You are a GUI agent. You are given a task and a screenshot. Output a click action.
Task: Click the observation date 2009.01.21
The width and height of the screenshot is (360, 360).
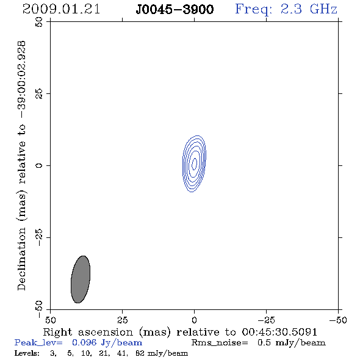click(x=61, y=9)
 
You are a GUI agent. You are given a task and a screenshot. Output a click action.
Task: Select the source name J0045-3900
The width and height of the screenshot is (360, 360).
click(x=175, y=10)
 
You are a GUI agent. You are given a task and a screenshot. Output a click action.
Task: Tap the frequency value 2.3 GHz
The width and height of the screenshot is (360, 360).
click(x=309, y=9)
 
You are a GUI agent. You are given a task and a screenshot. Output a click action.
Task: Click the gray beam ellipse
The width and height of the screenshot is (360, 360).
click(x=81, y=279)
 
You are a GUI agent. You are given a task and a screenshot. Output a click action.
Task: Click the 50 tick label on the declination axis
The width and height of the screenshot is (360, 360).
click(x=39, y=22)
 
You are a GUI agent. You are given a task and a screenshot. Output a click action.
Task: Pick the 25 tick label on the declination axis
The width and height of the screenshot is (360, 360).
click(x=39, y=94)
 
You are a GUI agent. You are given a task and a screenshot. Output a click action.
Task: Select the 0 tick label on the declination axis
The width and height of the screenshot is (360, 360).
click(x=39, y=165)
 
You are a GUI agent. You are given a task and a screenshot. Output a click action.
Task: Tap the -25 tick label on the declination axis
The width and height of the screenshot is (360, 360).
click(x=39, y=237)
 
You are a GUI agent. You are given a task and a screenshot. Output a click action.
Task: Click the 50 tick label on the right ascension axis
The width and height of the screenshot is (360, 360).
click(x=50, y=320)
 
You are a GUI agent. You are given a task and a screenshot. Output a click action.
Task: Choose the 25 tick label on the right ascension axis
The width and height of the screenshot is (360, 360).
click(x=122, y=320)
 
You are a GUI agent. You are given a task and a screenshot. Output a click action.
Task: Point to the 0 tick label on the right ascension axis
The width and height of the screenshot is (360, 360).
click(x=194, y=320)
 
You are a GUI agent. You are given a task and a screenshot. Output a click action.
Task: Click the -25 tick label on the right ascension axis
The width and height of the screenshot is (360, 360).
click(x=266, y=320)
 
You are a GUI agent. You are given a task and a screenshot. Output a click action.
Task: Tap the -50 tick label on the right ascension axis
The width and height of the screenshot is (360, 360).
click(x=338, y=320)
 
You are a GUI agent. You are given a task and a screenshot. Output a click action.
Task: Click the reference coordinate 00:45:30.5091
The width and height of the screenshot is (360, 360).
click(x=279, y=332)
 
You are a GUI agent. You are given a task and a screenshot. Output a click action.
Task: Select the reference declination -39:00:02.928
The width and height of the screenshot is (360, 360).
click(x=22, y=79)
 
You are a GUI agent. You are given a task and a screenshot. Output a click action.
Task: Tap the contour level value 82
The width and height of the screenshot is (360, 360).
click(x=140, y=353)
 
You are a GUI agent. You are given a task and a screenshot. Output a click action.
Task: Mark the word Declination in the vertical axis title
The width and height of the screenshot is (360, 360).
click(x=21, y=259)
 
